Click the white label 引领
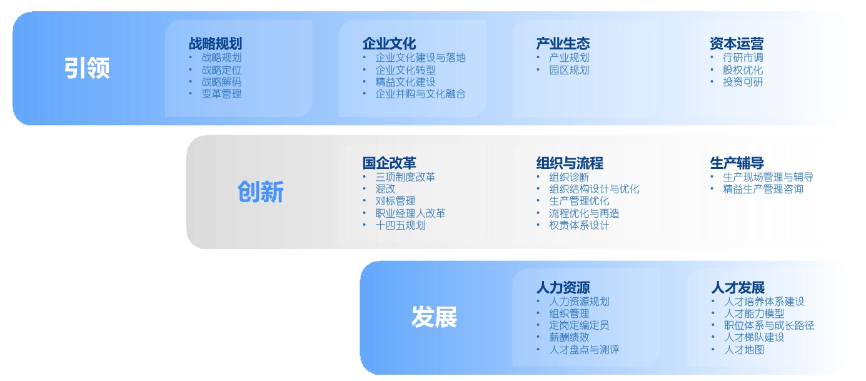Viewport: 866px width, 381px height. [87, 68]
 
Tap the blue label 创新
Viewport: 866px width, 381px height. [261, 192]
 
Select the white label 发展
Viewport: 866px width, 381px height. [434, 317]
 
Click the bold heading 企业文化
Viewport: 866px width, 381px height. [390, 44]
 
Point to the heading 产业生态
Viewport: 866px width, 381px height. [563, 44]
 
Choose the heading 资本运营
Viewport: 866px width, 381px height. [737, 44]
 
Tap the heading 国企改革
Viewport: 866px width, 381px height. [390, 163]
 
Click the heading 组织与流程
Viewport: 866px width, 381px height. [570, 163]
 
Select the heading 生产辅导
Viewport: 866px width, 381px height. [737, 163]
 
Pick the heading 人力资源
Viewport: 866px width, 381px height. [563, 288]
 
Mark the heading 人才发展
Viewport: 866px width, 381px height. [738, 288]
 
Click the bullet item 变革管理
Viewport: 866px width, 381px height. [221, 94]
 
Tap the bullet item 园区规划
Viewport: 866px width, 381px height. [569, 70]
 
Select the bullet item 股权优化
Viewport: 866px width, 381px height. [743, 70]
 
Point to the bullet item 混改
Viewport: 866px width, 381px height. [385, 189]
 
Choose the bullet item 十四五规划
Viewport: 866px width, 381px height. [401, 225]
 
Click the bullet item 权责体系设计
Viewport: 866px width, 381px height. [579, 225]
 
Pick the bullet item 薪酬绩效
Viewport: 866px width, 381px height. [569, 338]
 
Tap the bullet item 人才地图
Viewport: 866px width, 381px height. [744, 350]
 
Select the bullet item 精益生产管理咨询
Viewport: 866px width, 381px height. [763, 189]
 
